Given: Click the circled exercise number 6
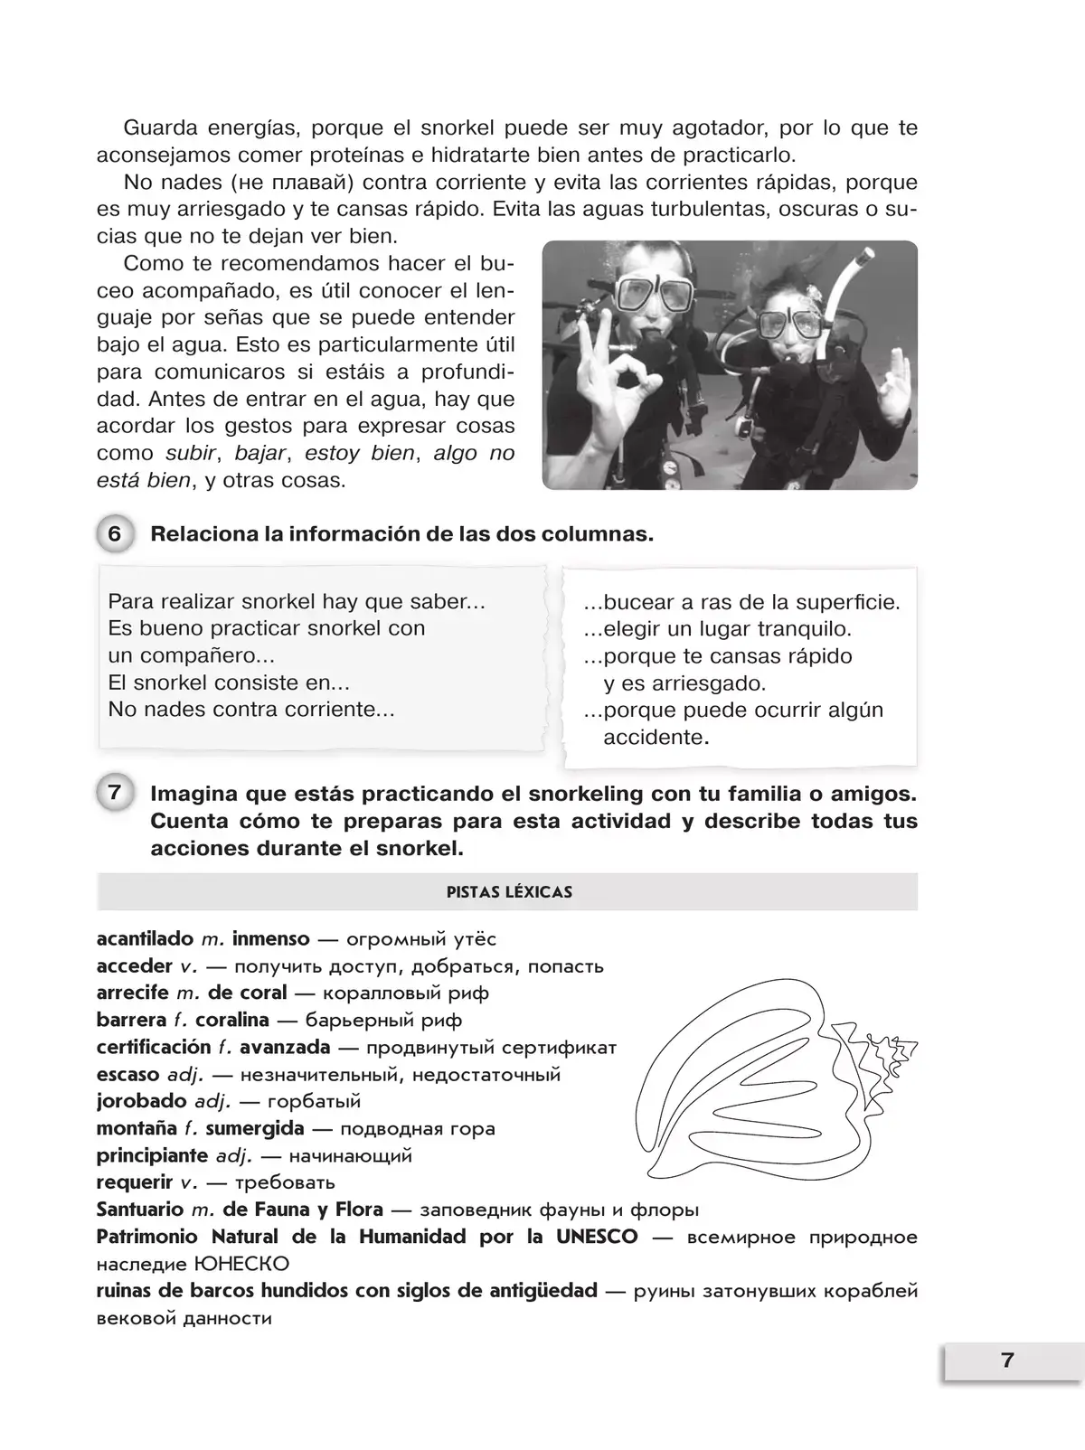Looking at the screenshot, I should tap(114, 534).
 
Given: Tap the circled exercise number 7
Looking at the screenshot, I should tap(114, 794).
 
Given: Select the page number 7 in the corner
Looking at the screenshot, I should tap(1007, 1361).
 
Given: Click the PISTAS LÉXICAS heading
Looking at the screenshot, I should tap(509, 892).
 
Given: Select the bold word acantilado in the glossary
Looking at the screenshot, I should tap(145, 939).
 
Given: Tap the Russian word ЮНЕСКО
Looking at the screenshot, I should tap(241, 1264).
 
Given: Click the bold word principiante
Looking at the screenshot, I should tap(152, 1155).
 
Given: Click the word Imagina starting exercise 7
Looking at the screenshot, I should tap(192, 794).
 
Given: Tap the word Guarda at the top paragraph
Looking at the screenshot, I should tap(160, 128).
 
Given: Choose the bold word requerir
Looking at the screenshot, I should tap(135, 1182).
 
